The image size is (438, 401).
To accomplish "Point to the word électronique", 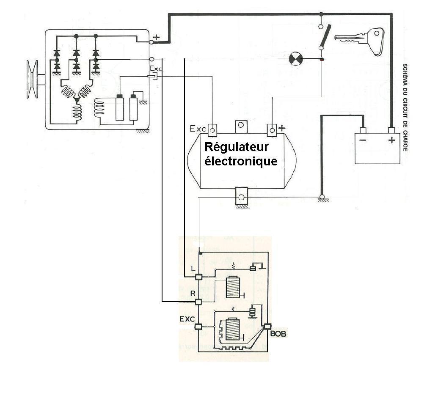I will pyautogui.click(x=241, y=161).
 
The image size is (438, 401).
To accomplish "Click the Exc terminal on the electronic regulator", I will pyautogui.click(x=213, y=129).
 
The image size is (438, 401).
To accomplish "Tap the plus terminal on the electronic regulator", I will pyautogui.click(x=271, y=129).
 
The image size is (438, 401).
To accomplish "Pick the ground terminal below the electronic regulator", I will pyautogui.click(x=241, y=198).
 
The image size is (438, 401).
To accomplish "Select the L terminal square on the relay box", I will pyautogui.click(x=198, y=277).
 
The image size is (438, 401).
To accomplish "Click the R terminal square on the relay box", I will pyautogui.click(x=198, y=302).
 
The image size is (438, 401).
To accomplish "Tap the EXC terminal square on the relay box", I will pyautogui.click(x=198, y=327).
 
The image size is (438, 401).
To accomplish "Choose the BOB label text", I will pyautogui.click(x=278, y=334).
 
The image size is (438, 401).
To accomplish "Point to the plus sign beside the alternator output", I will pyautogui.click(x=157, y=37).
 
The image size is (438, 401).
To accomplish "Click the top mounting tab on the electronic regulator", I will pyautogui.click(x=241, y=126).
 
